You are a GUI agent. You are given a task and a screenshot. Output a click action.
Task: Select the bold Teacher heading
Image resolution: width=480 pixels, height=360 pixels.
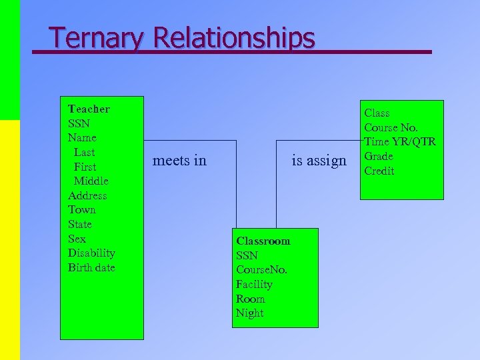89,109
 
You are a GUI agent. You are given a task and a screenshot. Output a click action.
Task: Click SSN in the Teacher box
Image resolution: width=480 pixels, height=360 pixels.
79,123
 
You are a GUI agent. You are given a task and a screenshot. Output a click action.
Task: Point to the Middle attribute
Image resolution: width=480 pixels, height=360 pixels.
91,181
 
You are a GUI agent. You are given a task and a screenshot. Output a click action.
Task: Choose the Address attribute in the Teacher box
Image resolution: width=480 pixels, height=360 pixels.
87,195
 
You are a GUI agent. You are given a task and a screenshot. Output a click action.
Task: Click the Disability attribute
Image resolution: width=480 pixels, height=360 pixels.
91,253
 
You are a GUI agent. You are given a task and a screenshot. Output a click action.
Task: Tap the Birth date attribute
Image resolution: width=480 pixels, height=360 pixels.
91,267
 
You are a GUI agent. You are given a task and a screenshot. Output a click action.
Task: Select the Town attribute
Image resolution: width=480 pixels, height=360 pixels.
82,209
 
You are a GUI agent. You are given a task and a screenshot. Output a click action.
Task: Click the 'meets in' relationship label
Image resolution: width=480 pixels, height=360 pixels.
179,161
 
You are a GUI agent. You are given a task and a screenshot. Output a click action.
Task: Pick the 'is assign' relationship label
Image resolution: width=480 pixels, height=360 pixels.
320,161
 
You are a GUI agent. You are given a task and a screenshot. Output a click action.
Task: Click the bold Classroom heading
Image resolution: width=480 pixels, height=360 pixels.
263,241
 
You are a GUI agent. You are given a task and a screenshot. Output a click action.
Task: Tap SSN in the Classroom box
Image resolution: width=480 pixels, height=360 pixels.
247,255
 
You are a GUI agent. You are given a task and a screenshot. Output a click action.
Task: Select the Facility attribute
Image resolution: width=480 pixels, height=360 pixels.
254,284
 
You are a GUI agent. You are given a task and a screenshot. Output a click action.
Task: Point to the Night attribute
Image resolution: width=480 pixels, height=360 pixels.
249,313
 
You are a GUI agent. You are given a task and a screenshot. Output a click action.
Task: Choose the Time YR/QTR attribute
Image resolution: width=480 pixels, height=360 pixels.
400,141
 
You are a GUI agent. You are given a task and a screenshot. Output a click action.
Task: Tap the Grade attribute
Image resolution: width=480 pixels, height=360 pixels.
379,156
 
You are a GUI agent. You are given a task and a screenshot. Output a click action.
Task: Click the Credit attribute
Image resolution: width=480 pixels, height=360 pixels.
379,171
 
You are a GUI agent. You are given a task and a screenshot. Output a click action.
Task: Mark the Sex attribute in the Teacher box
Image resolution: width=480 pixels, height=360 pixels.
77,238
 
